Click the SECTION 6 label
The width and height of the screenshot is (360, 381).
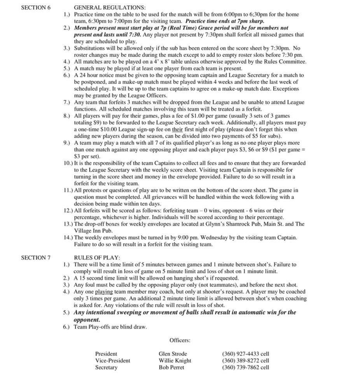pyautogui.click(x=35, y=7)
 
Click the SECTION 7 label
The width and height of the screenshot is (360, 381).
pyautogui.click(x=35, y=257)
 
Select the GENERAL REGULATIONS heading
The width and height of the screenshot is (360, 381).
pyautogui.click(x=110, y=7)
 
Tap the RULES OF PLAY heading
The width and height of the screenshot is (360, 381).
pyautogui.click(x=97, y=257)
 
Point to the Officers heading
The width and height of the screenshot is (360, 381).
pyautogui.click(x=180, y=340)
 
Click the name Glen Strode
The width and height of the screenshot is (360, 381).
pyautogui.click(x=173, y=354)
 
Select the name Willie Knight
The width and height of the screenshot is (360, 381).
pyautogui.click(x=175, y=360)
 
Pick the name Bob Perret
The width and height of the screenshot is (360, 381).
pyautogui.click(x=171, y=367)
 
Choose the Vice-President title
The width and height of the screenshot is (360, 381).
pyautogui.click(x=113, y=360)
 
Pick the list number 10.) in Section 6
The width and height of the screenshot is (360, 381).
pyautogui.click(x=68, y=163)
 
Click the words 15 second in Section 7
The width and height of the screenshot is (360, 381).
pyautogui.click(x=91, y=278)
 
